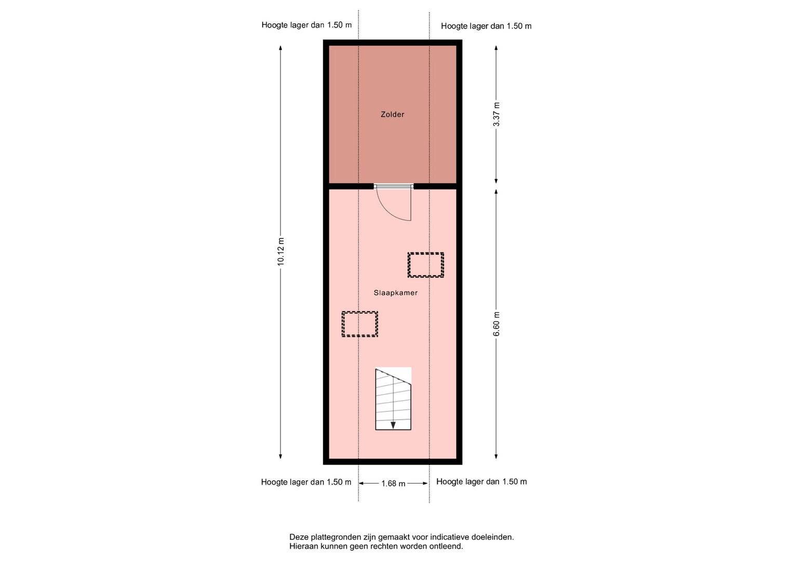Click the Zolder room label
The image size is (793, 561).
392,114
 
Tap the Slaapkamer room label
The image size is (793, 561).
395,293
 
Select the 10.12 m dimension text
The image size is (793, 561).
281,251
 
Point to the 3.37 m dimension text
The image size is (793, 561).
496,114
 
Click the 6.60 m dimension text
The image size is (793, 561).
496,325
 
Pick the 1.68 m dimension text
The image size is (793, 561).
393,484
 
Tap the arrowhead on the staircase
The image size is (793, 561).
393,425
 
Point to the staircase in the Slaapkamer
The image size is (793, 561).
393,399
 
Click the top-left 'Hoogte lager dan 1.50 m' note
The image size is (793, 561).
306,25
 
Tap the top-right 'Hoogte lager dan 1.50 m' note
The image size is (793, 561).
486,26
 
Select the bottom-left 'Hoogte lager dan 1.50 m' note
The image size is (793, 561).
306,482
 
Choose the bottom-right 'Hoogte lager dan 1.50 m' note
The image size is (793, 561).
481,482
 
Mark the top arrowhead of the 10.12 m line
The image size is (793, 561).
280,48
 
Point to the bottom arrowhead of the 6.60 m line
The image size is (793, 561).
496,456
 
